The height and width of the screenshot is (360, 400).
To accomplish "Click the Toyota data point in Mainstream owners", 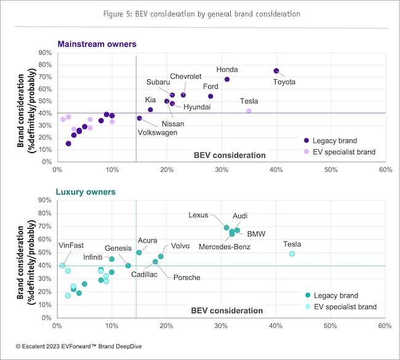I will click(276, 71).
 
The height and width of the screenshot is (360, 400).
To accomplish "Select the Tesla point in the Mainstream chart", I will click(249, 111).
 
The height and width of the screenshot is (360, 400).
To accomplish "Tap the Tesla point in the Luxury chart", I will click(292, 254).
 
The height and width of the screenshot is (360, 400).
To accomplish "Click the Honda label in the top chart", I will click(227, 70).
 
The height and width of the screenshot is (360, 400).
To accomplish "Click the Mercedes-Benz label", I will click(224, 247).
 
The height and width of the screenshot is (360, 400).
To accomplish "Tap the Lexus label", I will click(199, 215).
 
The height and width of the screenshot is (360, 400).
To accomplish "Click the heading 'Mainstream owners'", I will click(97, 44).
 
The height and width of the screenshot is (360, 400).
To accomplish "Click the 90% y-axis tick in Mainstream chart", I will click(44, 53).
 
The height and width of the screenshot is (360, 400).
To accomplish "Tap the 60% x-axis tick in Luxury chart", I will click(385, 326).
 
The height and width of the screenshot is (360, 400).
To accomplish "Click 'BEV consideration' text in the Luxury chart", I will click(227, 310).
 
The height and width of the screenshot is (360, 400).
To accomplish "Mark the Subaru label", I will click(159, 82).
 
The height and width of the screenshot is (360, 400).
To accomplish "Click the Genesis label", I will click(118, 248).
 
